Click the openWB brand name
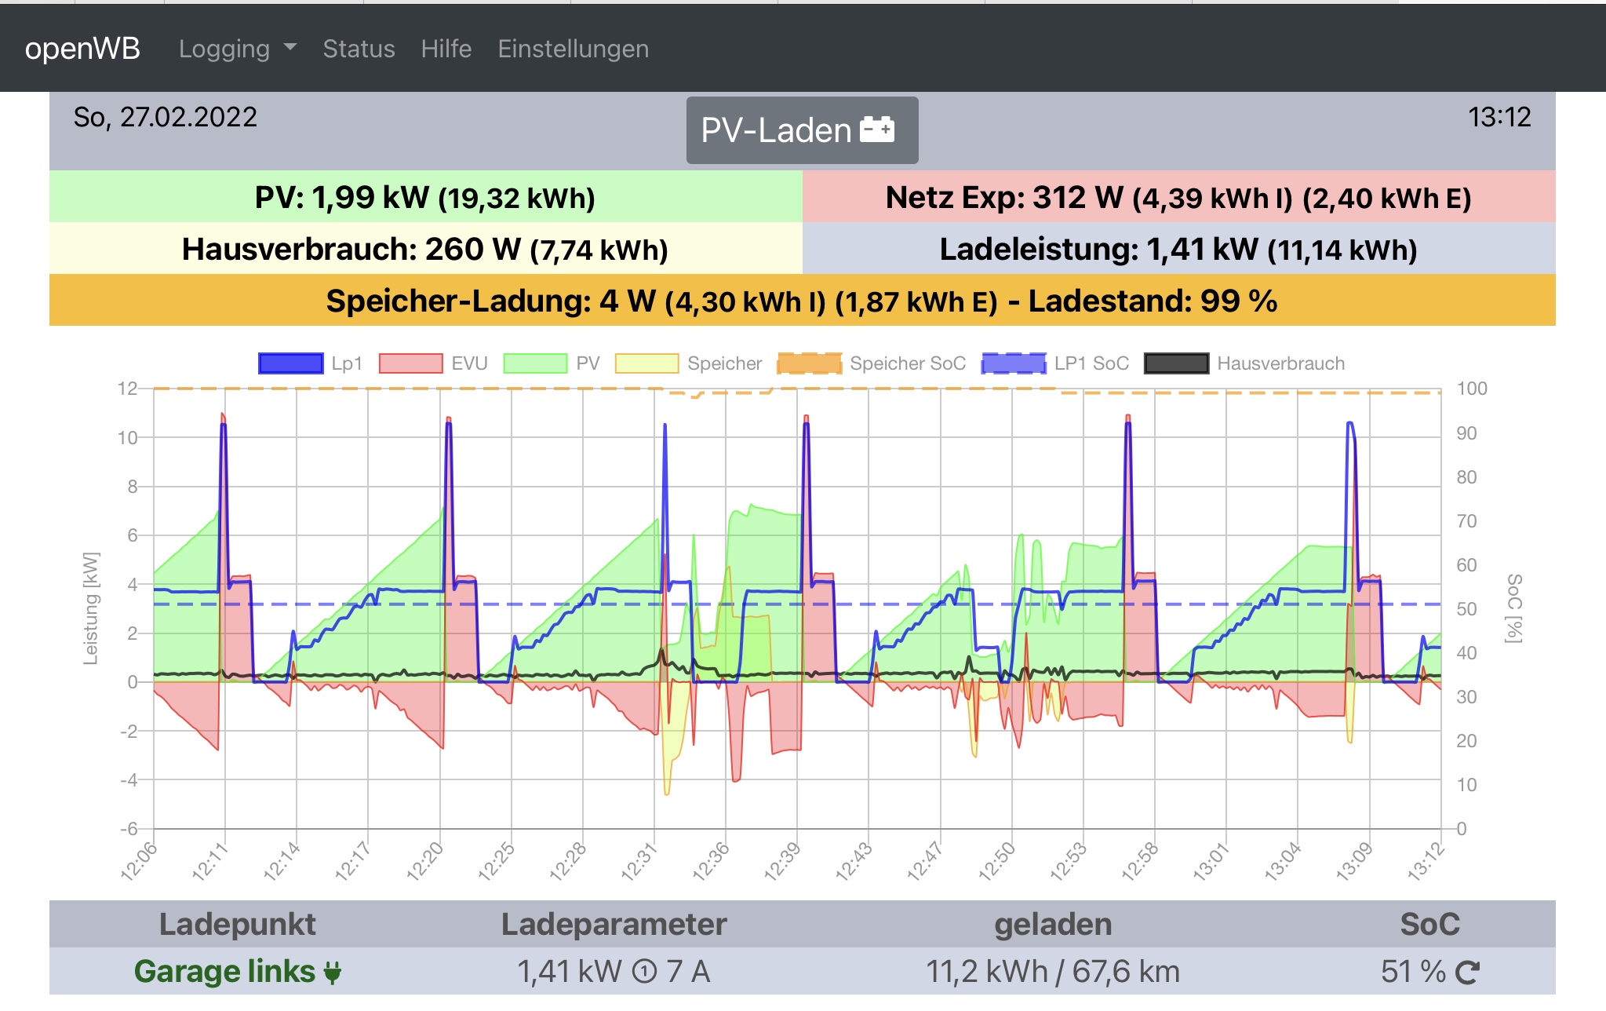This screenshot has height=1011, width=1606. [82, 49]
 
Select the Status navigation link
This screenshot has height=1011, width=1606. [359, 49]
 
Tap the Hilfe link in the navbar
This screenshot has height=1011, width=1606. [446, 49]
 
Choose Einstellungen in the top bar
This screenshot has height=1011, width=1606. [573, 49]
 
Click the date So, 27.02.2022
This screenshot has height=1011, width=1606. [166, 118]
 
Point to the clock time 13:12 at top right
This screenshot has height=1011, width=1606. [1499, 118]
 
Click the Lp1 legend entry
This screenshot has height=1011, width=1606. [311, 363]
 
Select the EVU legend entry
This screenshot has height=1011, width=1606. [433, 363]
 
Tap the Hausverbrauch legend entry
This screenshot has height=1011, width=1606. [1244, 363]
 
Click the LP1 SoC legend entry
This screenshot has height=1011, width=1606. [1055, 363]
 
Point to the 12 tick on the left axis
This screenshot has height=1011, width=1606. [127, 389]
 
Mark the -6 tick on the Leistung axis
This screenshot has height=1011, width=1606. [129, 829]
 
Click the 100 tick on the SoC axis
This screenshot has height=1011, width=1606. [1472, 389]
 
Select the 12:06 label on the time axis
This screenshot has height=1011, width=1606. [140, 860]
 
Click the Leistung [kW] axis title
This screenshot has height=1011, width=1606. [91, 608]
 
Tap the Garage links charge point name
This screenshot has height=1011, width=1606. [224, 972]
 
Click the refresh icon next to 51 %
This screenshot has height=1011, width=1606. [1467, 973]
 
